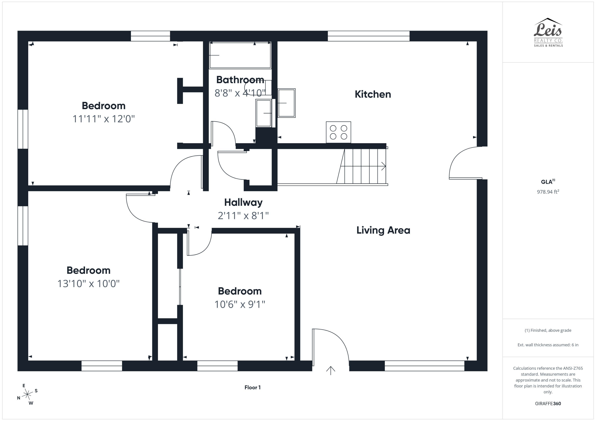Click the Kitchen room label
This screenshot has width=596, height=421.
coord(372,94)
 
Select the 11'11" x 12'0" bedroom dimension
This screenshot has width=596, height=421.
coord(104,119)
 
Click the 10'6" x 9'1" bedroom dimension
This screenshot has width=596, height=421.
coord(240,304)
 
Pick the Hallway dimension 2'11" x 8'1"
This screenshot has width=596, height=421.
coord(243,216)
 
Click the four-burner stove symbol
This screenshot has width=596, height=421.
coord(338,132)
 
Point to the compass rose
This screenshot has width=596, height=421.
coord(27,395)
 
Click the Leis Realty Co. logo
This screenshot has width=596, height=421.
coord(548,32)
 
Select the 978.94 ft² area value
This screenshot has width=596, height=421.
coord(548,192)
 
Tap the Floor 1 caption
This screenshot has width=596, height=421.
coord(252,387)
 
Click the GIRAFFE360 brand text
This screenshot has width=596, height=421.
coord(548,403)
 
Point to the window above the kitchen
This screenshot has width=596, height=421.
coord(368,36)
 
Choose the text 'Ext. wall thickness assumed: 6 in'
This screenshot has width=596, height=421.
coord(548,345)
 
